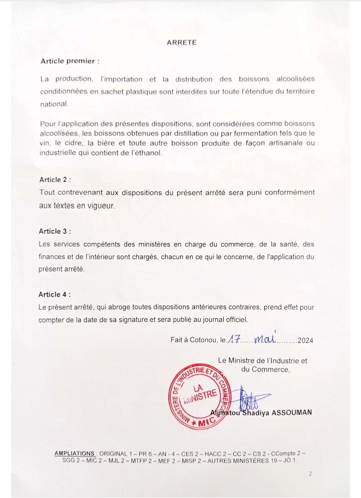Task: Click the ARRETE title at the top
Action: tap(182, 43)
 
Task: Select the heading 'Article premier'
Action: tap(70, 61)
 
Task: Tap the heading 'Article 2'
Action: tap(55, 179)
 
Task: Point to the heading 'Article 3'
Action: tap(55, 231)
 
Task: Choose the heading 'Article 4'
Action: tap(55, 295)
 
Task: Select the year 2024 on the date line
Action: tap(305, 341)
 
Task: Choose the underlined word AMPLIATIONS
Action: tap(75, 453)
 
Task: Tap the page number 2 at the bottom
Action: tap(310, 473)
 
